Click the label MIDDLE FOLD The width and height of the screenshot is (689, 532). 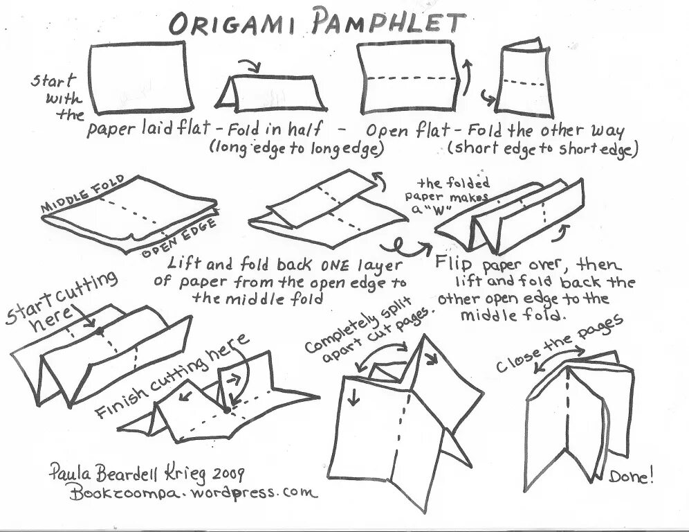(x=84, y=193)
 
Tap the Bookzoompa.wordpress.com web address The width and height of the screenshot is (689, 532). (x=193, y=493)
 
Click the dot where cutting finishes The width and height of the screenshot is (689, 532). (x=228, y=410)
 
